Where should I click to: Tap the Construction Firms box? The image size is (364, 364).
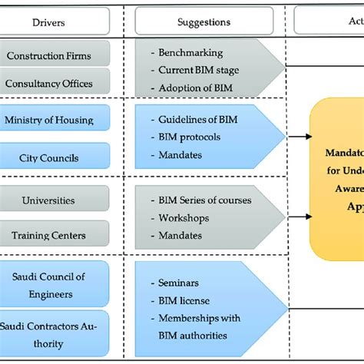pos(55,55)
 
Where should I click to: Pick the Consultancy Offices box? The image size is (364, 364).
pos(55,82)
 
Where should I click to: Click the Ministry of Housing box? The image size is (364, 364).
pos(55,120)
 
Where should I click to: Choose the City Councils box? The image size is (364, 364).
pos(55,157)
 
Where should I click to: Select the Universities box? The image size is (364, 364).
pos(55,200)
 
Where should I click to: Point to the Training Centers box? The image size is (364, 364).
pos(55,236)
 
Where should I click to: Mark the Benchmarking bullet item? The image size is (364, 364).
pos(190,54)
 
